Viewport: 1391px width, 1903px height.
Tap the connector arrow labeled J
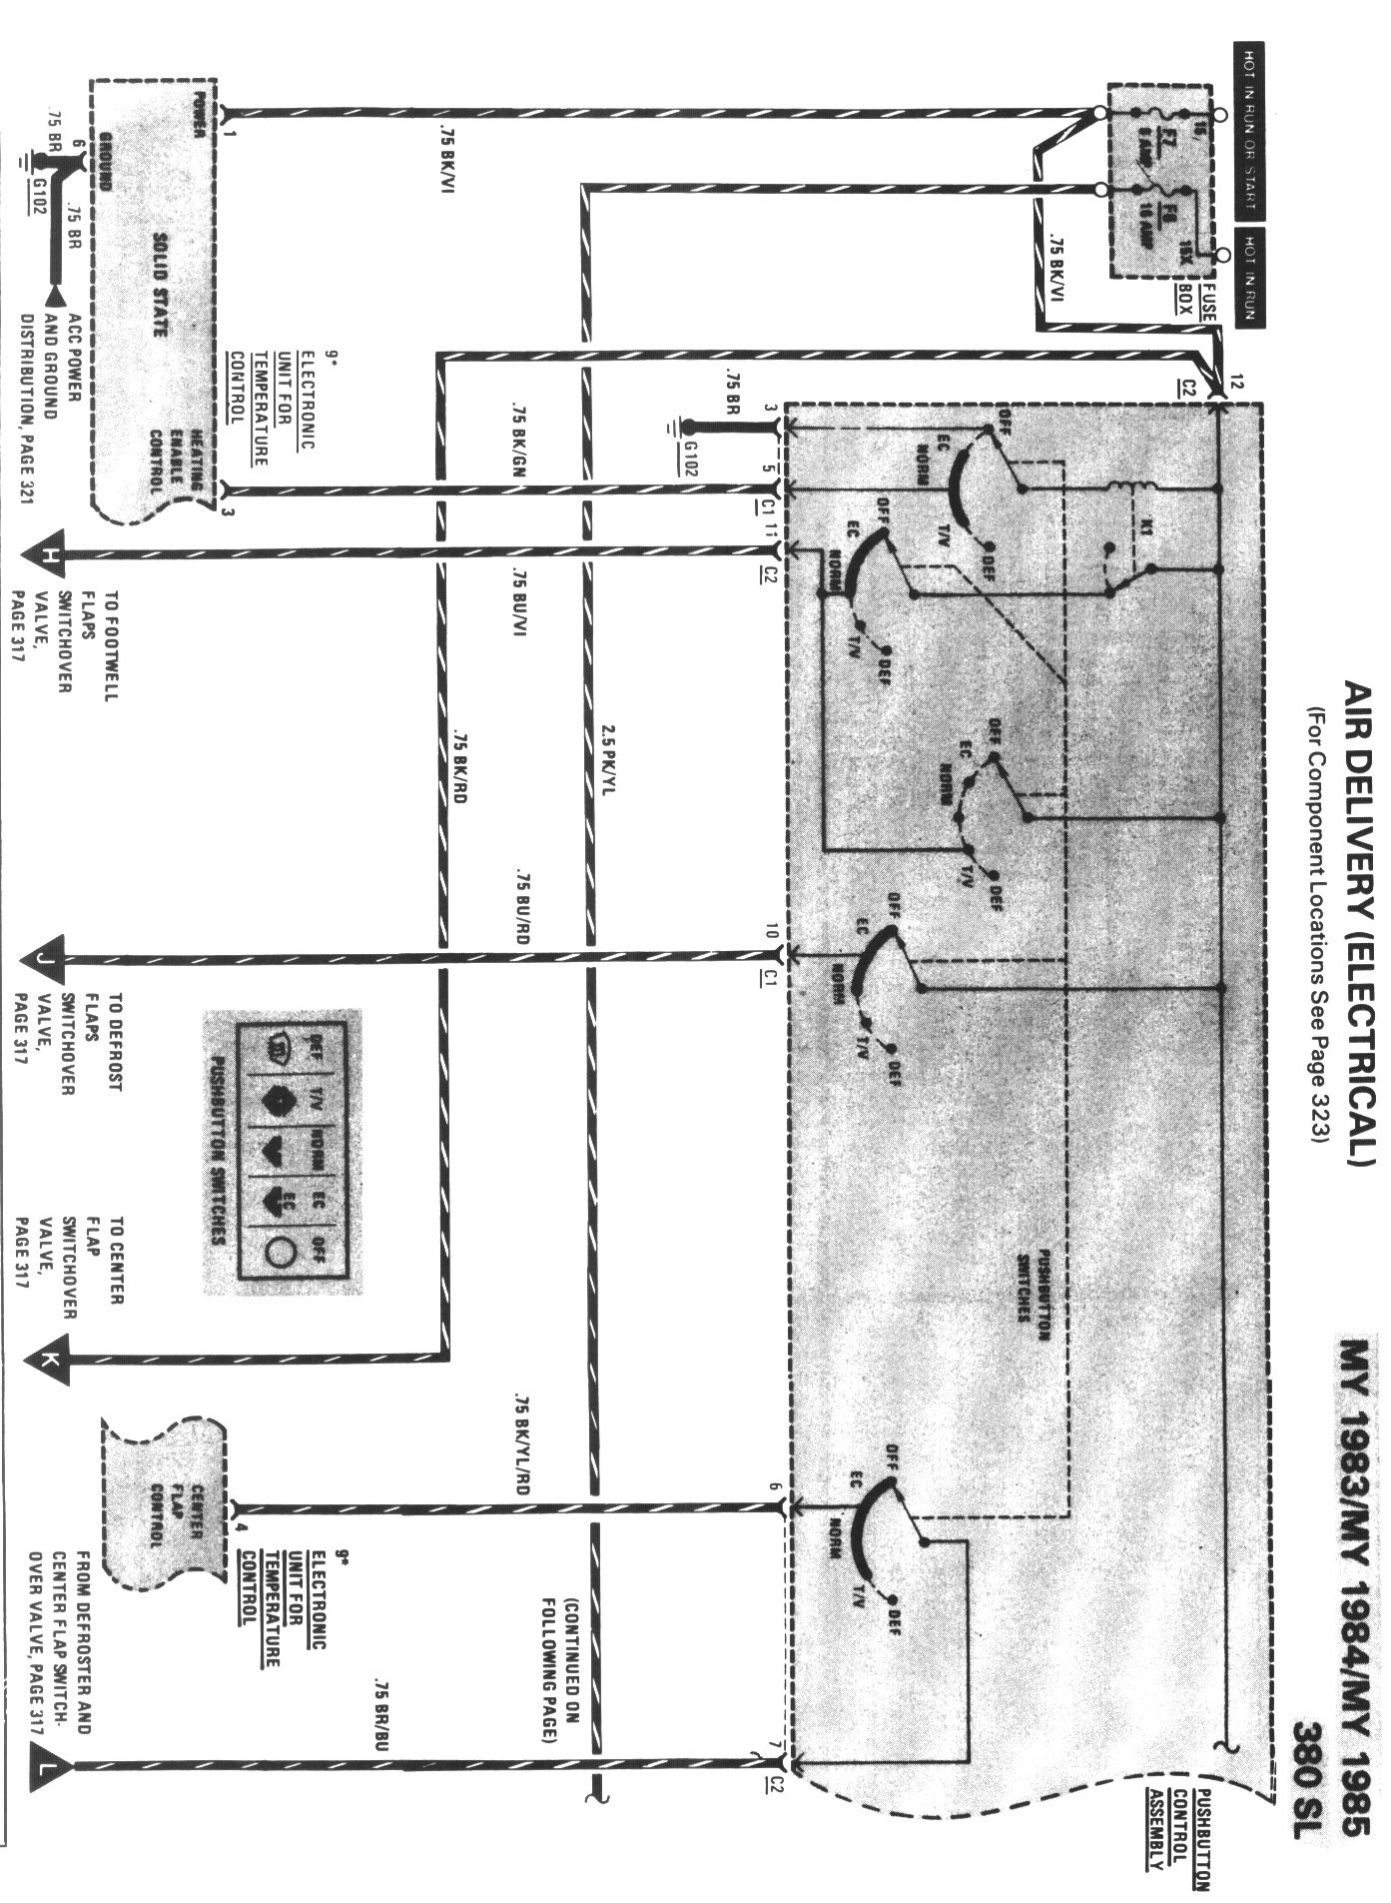(x=46, y=959)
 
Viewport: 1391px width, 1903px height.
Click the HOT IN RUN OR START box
(x=1249, y=131)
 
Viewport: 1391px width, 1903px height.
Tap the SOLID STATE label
(x=160, y=284)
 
